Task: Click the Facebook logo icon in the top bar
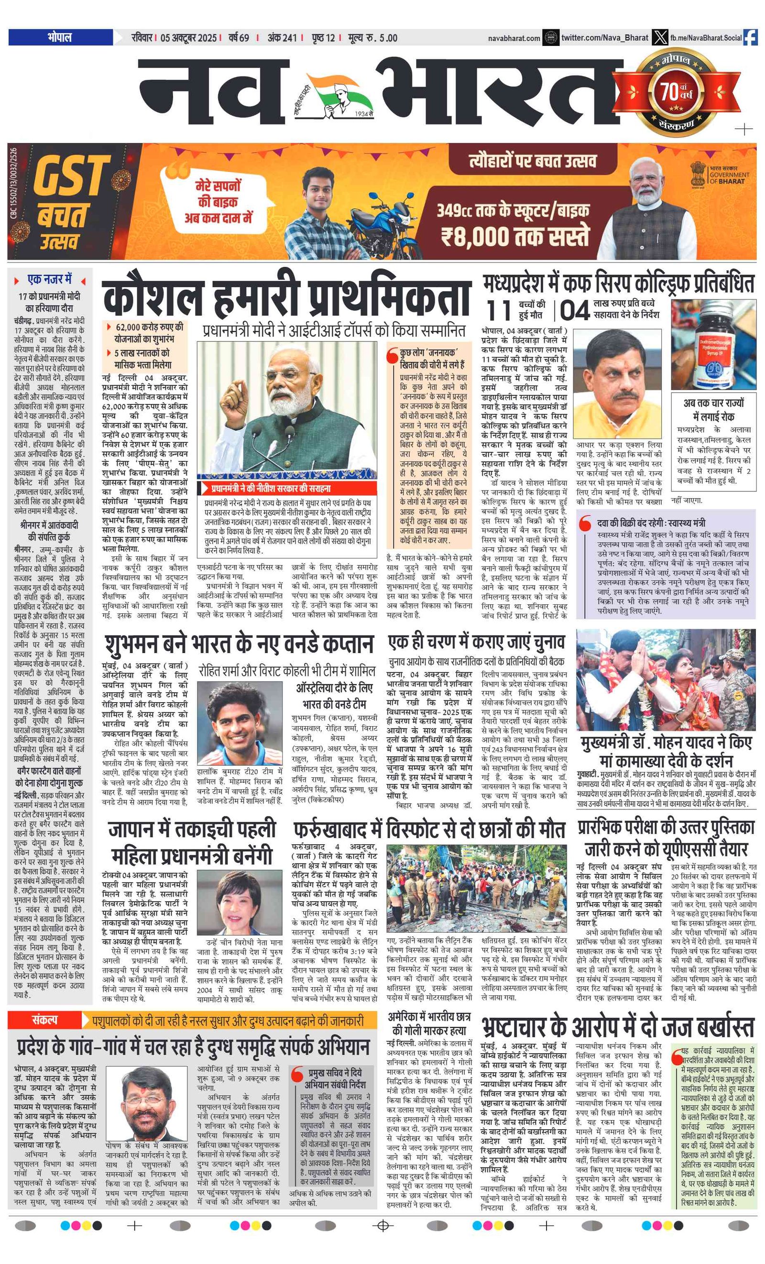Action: (x=750, y=37)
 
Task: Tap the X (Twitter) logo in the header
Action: (x=659, y=37)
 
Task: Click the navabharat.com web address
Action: (x=514, y=38)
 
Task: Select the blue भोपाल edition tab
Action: (x=61, y=37)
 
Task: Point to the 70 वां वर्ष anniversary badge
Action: (x=676, y=92)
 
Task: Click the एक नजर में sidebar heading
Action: (x=50, y=280)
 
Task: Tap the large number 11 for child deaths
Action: (x=499, y=310)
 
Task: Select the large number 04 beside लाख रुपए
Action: (x=574, y=310)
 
